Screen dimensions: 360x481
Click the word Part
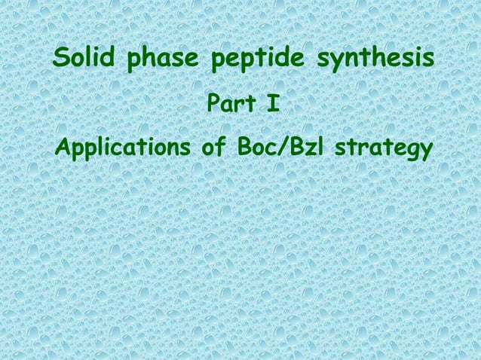coord(225,103)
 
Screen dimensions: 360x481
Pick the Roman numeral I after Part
coord(272,103)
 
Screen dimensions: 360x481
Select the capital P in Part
coord(212,103)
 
